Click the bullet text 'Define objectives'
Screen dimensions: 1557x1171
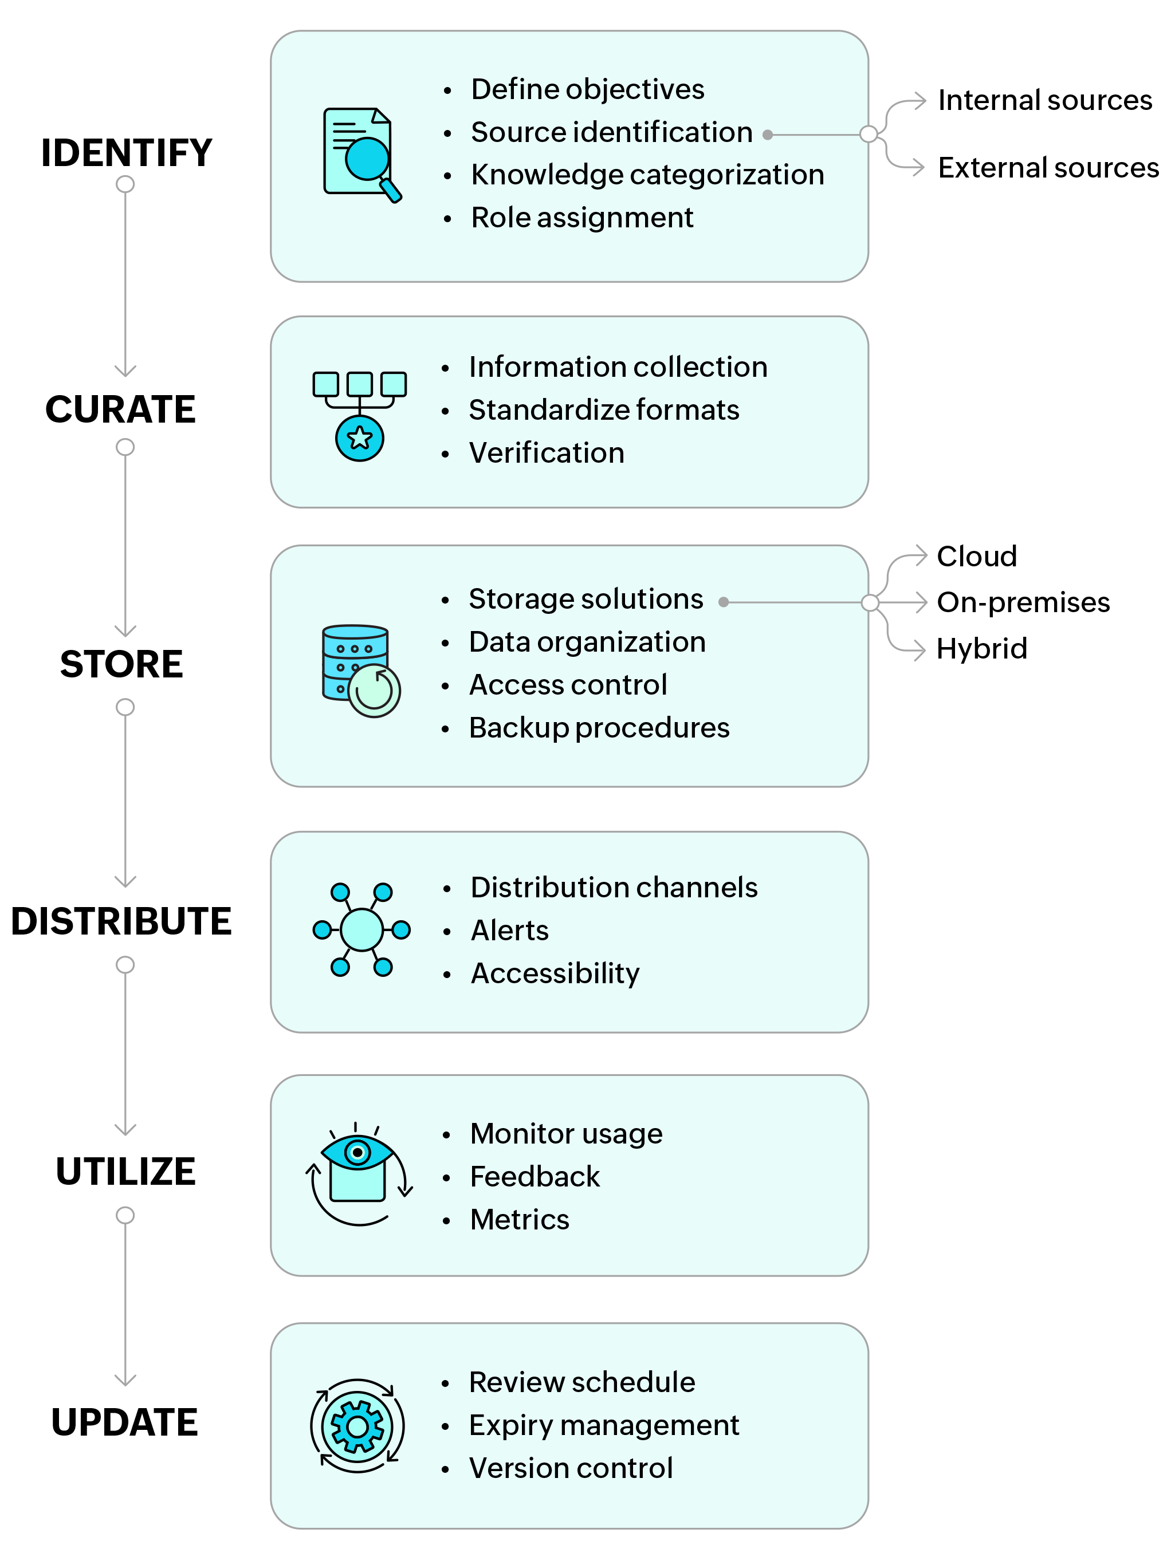587,89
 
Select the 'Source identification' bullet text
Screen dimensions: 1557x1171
611,132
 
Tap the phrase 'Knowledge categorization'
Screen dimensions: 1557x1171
647,175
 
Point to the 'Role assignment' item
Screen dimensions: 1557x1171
581,218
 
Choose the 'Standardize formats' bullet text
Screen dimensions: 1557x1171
603,409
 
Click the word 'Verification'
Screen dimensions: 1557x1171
547,452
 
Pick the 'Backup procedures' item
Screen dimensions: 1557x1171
599,728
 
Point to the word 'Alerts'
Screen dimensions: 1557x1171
509,931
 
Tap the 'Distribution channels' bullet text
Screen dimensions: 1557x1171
614,888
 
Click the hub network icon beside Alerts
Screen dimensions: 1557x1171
361,930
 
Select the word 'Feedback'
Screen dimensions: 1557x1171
535,1177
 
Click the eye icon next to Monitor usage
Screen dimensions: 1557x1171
357,1170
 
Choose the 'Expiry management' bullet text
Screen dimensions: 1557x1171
603,1425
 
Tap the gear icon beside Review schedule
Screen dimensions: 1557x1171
357,1426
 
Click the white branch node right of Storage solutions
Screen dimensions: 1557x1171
870,602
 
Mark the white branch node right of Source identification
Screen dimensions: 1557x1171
869,134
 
